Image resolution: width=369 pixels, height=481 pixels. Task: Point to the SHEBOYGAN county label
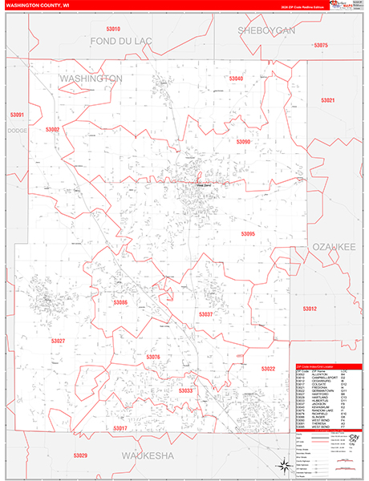click(x=267, y=30)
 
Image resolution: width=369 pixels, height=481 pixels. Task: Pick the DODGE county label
click(x=16, y=130)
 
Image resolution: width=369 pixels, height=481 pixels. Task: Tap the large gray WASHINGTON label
click(x=90, y=79)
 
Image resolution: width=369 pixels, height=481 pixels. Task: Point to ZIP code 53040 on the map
click(x=236, y=79)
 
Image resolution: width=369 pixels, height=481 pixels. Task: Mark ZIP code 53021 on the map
click(x=327, y=100)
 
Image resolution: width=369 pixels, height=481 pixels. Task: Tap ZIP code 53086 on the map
click(x=120, y=302)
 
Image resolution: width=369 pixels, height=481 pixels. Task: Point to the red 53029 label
click(x=80, y=455)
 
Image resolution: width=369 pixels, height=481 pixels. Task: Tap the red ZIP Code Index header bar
click(x=329, y=366)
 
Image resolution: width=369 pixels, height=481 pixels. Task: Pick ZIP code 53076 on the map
click(x=153, y=357)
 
